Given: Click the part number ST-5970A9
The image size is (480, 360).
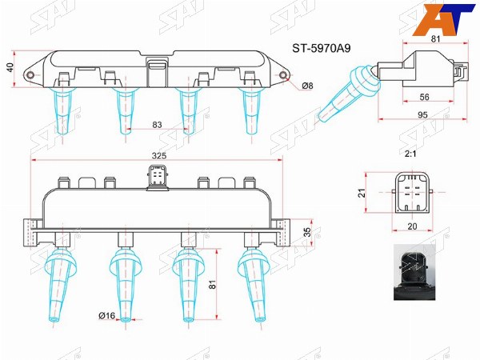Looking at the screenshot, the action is (x=321, y=48).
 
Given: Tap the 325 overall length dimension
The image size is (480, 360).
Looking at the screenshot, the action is (x=159, y=155).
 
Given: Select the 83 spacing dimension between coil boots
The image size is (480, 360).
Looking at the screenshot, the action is (x=157, y=125).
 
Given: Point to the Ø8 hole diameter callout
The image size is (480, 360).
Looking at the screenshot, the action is (x=307, y=86).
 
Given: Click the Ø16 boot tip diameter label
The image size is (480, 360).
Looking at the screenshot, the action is (x=107, y=315).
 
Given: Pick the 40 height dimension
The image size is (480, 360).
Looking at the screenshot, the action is (x=10, y=67).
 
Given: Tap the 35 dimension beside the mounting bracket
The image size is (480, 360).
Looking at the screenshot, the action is (x=307, y=232).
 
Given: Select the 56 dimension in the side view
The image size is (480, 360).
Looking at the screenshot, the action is (x=424, y=97).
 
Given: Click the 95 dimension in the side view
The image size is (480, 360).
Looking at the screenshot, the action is (x=422, y=114).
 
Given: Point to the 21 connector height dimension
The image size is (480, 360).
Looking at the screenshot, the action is (x=362, y=193).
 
